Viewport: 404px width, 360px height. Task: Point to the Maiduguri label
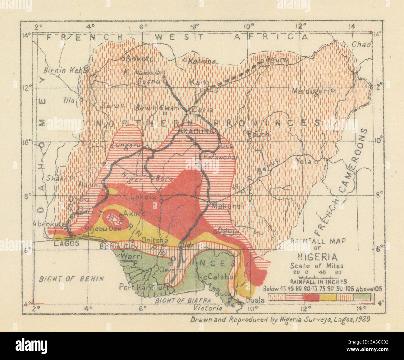311,91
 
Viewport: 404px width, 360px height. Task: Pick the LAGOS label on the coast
64,243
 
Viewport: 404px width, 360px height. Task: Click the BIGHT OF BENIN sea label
71,278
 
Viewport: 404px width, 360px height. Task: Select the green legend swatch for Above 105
362,297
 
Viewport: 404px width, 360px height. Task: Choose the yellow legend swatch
328,297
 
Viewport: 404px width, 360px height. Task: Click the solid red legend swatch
311,297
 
